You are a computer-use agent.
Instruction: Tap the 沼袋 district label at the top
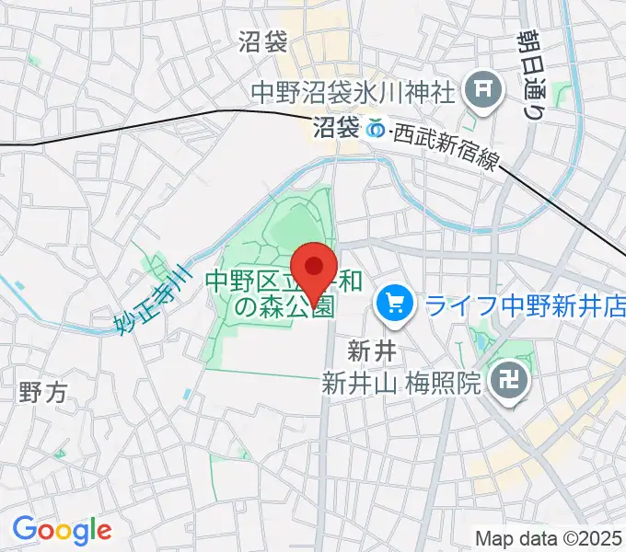click(x=263, y=41)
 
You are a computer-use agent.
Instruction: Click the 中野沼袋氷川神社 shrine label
click(x=354, y=92)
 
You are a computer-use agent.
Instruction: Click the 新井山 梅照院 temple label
click(x=401, y=381)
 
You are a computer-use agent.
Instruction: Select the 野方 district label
click(x=42, y=393)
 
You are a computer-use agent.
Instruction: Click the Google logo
click(x=62, y=530)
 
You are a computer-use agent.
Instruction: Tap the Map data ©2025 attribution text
click(x=549, y=538)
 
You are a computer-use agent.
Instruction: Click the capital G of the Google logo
click(x=25, y=529)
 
